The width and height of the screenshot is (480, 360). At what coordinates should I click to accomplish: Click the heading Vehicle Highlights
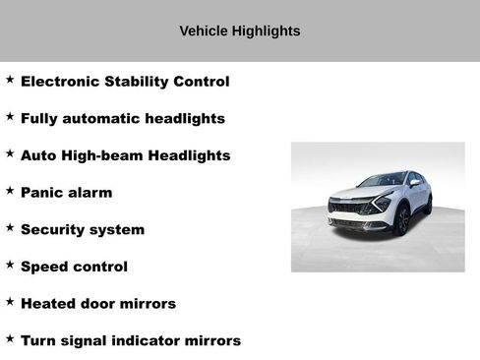(x=239, y=31)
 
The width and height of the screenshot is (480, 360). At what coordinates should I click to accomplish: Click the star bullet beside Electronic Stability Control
(x=10, y=80)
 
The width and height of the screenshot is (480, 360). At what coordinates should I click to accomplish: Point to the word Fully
(x=40, y=119)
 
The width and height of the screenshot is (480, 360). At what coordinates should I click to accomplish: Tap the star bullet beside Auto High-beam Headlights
(x=10, y=153)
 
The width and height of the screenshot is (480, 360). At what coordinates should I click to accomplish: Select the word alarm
(x=90, y=193)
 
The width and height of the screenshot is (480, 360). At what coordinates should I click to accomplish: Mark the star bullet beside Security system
(x=10, y=227)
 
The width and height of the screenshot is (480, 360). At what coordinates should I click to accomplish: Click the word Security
(x=54, y=230)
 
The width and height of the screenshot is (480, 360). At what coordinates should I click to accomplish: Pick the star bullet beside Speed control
(x=10, y=265)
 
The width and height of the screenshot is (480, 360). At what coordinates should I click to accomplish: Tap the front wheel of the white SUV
(x=402, y=220)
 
